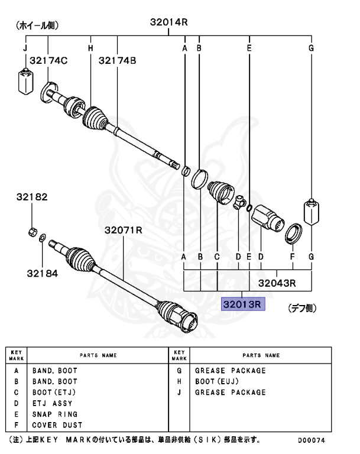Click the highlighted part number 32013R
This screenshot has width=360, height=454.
[x=244, y=304]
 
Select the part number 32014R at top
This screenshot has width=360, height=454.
[x=168, y=22]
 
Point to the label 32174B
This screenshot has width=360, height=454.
[x=117, y=60]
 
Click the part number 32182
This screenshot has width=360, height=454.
[x=32, y=198]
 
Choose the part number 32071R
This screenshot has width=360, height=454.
[x=124, y=230]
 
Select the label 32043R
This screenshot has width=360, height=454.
[x=277, y=283]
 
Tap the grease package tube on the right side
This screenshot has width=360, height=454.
[x=311, y=213]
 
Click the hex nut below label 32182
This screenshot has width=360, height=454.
[x=33, y=231]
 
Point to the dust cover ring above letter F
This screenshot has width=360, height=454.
[x=294, y=233]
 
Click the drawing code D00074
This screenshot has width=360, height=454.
[x=311, y=441]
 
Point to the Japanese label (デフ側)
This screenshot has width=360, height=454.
[x=303, y=308]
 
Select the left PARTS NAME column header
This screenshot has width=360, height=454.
[x=98, y=356]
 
